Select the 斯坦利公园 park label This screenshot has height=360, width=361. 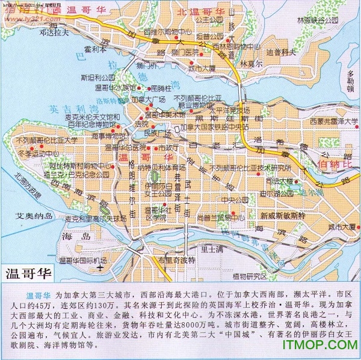pyautogui.click(x=97, y=78)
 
